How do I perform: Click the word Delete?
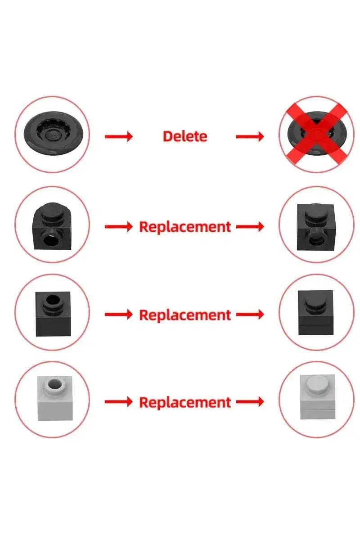click(x=185, y=136)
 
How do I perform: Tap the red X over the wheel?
click(x=317, y=135)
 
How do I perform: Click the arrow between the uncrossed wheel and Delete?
click(x=119, y=137)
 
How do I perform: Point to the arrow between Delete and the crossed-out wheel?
click(x=250, y=137)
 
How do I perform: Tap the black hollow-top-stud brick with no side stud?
click(x=53, y=314)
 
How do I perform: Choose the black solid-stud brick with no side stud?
click(x=315, y=313)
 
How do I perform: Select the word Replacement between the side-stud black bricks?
click(x=185, y=227)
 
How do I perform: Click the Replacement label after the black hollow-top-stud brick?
click(x=185, y=315)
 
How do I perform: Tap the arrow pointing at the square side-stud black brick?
click(x=250, y=227)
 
